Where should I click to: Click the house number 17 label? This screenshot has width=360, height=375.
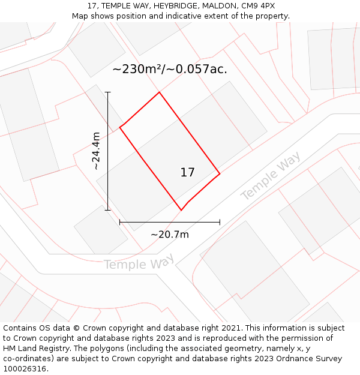pos(188,173)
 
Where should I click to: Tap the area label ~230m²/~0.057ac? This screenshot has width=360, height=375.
pos(170,69)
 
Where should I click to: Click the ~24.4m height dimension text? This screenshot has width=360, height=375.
pos(97,151)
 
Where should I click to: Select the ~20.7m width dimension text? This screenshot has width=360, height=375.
pos(170,235)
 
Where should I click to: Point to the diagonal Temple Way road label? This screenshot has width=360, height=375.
pos(271,176)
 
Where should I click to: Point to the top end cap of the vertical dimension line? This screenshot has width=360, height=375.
pos(108,92)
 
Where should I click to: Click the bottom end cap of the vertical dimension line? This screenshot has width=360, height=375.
pos(108,210)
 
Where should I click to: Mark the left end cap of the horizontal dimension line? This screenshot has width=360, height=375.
pos(120,222)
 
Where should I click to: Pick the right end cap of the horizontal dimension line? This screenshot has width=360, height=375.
pos(220,222)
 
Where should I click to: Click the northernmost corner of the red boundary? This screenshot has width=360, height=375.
pos(159,92)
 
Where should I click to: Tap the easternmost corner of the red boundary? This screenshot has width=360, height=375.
pos(220,173)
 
